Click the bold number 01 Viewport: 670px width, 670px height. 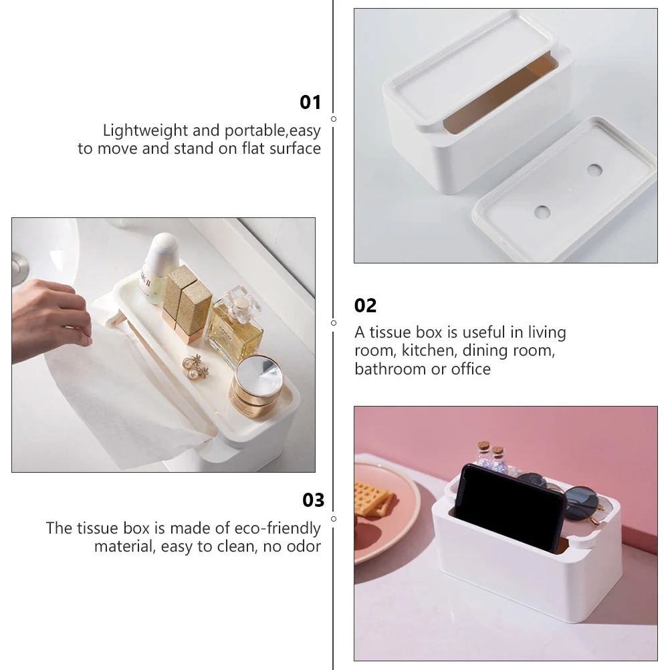coord(310,102)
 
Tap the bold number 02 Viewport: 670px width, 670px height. coord(366,306)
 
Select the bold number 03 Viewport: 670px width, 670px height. coord(313,500)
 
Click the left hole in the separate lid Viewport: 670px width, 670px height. coord(542,213)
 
